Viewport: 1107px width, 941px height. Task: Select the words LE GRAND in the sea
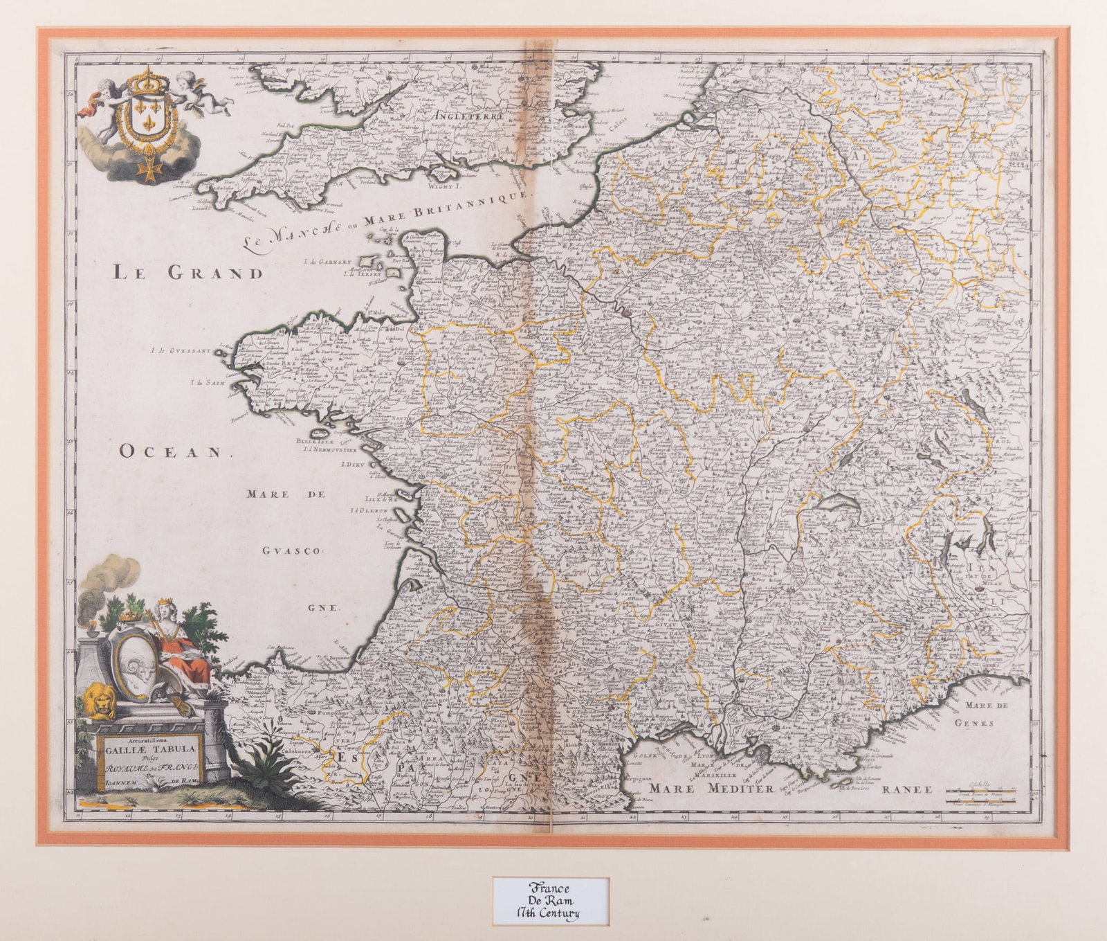(x=187, y=272)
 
